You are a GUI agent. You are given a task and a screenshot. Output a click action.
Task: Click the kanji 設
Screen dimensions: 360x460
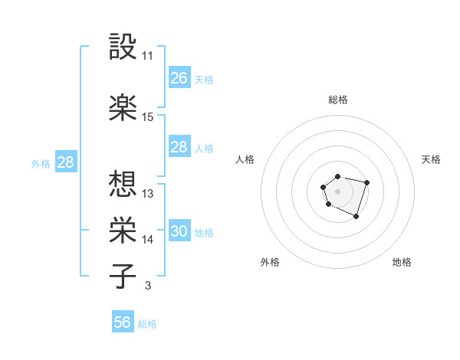point(123,47)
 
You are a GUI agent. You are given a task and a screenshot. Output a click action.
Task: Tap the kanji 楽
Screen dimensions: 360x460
point(123,107)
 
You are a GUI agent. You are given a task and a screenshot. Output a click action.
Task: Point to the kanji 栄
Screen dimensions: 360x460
point(123,230)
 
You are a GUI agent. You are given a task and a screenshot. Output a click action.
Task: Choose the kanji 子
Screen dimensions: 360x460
point(123,277)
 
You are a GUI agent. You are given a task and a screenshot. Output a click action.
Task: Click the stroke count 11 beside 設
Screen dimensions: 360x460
point(148,56)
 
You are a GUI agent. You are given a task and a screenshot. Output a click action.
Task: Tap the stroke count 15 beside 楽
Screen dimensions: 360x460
point(148,117)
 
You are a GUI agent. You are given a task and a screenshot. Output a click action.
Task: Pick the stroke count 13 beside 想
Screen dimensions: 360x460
point(148,194)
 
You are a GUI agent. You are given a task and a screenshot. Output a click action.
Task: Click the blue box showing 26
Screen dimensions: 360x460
point(179,78)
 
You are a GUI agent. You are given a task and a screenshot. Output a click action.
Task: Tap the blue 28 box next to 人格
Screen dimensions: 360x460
point(179,147)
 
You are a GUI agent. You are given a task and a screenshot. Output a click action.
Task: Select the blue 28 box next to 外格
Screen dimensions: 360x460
point(65,162)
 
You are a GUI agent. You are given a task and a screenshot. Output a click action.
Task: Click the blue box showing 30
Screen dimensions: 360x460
point(179,231)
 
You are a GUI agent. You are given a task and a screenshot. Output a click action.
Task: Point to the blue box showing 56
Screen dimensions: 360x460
point(123,322)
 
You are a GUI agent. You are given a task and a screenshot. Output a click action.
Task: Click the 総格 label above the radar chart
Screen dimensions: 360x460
point(337,100)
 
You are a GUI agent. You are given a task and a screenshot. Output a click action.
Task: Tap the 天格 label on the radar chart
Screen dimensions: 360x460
point(432,159)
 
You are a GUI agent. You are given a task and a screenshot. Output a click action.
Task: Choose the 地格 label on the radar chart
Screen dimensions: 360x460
point(402,262)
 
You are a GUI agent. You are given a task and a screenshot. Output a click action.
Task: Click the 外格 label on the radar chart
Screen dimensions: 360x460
point(270,262)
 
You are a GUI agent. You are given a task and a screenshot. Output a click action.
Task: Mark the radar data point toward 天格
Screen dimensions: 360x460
point(367,182)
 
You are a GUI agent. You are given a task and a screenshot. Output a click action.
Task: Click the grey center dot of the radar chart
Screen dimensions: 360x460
point(337,191)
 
